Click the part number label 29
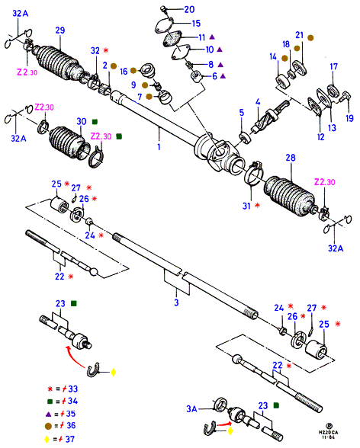(60, 30)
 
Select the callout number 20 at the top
(189, 9)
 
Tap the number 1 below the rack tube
(159, 147)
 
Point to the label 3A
(192, 409)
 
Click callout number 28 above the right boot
(291, 158)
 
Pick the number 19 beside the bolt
(350, 117)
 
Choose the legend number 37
(70, 439)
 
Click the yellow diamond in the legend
(47, 439)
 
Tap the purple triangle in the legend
(48, 414)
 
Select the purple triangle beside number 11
(212, 37)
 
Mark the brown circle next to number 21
(310, 38)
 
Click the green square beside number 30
(95, 122)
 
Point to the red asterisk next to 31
(257, 205)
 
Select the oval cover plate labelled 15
(165, 25)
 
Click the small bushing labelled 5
(245, 138)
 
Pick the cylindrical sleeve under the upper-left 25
(59, 204)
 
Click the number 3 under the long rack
(176, 302)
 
